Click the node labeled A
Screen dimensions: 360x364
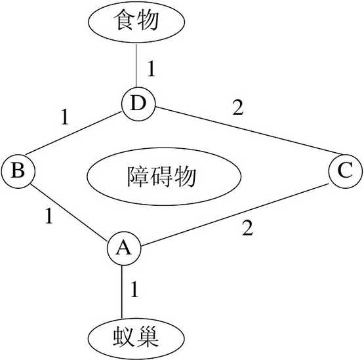click(x=123, y=248)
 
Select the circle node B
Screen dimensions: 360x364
click(x=18, y=172)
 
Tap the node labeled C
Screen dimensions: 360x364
click(x=344, y=172)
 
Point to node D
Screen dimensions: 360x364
click(x=138, y=103)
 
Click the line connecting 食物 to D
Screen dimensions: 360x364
click(x=135, y=66)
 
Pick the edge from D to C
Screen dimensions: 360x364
click(x=243, y=136)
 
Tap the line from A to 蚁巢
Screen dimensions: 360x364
click(x=123, y=292)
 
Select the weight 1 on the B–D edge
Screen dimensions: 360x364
click(x=64, y=118)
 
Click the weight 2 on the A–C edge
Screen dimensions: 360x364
click(x=247, y=229)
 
